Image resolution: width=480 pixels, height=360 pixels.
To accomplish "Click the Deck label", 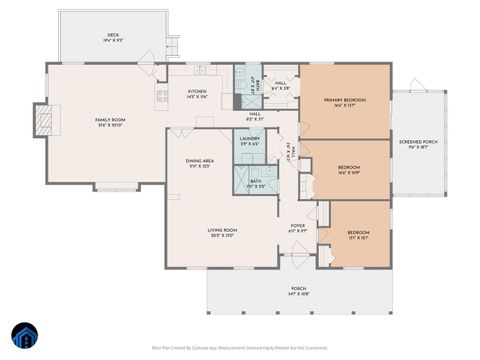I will coord(113,35).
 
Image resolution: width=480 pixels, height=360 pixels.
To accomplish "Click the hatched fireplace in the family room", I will coord(43,121).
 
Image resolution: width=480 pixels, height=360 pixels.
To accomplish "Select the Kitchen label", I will coord(197,92).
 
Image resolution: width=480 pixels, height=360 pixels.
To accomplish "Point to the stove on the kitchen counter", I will coord(161,96).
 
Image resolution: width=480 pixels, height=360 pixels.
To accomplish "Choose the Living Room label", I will coord(222,232).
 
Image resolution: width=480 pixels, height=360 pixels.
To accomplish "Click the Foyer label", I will coord(298,226).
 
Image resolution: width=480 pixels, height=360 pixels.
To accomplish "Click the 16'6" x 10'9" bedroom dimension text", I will coord(348,172).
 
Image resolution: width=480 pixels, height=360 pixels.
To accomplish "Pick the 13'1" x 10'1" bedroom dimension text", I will coord(357,238).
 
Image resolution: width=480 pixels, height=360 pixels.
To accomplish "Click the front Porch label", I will coord(298,291).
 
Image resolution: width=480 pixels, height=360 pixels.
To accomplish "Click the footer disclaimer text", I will coord(239,348).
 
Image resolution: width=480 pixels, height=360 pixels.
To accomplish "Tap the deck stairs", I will coord(173,46).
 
